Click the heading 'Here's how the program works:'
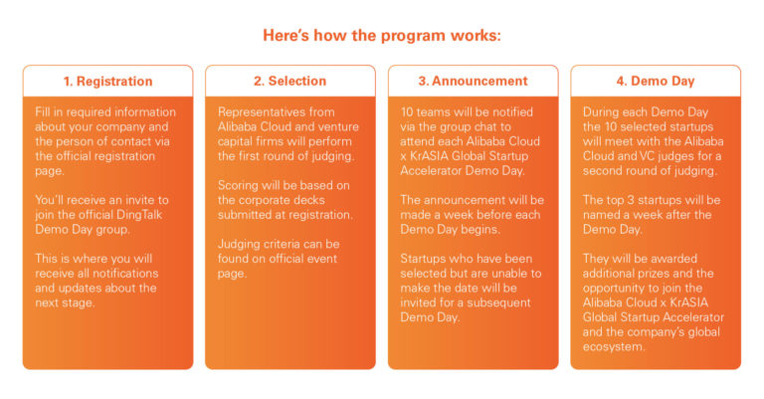click(382, 36)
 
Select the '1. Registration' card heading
click(107, 81)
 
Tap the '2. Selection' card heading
click(289, 81)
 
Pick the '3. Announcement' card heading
click(473, 81)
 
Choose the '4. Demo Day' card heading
click(656, 81)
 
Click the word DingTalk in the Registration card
click(132, 215)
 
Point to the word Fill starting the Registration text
click(43, 112)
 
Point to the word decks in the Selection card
click(309, 200)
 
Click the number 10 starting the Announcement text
click(406, 112)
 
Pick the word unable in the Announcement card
click(508, 274)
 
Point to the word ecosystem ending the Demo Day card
click(614, 347)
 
